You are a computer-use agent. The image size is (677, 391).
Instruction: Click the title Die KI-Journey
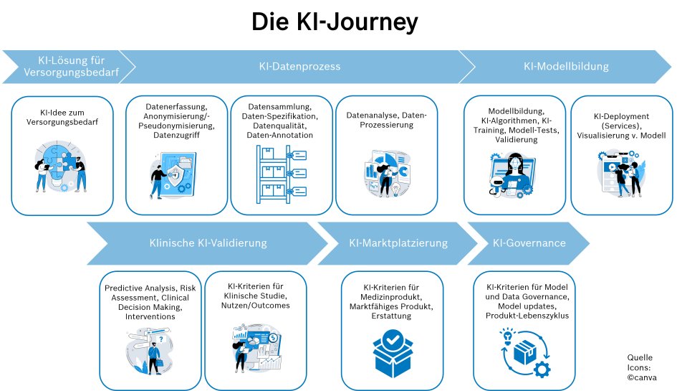pyautogui.click(x=334, y=22)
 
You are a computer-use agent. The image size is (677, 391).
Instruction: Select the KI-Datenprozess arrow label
pyautogui.click(x=299, y=67)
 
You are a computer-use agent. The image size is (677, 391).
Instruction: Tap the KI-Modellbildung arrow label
pyautogui.click(x=566, y=67)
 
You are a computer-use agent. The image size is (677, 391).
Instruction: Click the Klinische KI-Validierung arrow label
pyautogui.click(x=208, y=243)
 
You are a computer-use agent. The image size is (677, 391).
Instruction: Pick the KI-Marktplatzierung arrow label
pyautogui.click(x=398, y=243)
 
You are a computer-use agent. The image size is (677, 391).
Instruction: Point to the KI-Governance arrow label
pyautogui.click(x=529, y=243)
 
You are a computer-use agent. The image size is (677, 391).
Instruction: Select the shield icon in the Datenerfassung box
pyautogui.click(x=173, y=174)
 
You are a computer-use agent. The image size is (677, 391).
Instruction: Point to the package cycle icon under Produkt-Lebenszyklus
pyautogui.click(x=526, y=352)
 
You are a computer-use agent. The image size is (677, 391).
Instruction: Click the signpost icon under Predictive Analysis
pyautogui.click(x=150, y=349)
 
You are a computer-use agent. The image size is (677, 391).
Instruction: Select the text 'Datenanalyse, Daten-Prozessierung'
pyautogui.click(x=386, y=120)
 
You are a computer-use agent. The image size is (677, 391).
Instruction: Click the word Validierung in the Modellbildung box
pyautogui.click(x=516, y=140)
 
